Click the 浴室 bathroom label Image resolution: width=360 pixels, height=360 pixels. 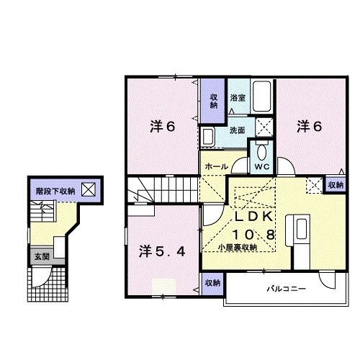(238, 98)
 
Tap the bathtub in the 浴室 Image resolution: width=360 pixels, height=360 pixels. (262, 96)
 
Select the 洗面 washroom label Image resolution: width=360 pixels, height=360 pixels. (238, 130)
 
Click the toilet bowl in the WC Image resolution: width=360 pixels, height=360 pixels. (261, 152)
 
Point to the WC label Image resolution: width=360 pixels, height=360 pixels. (262, 166)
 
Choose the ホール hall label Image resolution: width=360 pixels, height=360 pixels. (217, 166)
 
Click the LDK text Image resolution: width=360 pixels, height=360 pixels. (253, 217)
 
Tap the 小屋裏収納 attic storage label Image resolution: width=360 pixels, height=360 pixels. (238, 247)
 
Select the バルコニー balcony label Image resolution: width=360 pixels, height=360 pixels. (287, 289)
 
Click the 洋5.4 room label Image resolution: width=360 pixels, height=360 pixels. (162, 251)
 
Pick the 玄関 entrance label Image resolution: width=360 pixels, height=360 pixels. (42, 256)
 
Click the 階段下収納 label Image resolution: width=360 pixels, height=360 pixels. (55, 192)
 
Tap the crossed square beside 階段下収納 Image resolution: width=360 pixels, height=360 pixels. (89, 189)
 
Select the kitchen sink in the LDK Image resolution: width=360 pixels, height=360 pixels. (302, 229)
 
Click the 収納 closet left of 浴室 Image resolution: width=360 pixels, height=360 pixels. (214, 102)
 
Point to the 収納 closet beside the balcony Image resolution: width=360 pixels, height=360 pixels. (212, 283)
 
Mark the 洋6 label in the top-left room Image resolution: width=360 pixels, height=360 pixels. (163, 127)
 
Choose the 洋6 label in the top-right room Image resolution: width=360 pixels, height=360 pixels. (310, 127)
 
